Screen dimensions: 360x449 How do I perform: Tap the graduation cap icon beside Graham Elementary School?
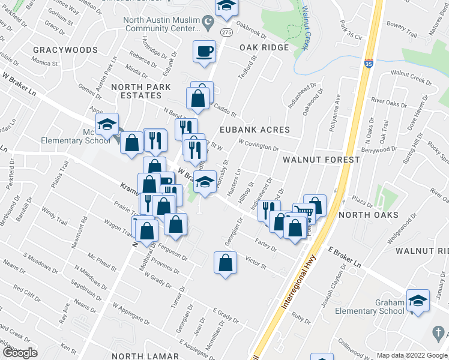418,301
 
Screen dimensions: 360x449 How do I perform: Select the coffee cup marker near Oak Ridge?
204,51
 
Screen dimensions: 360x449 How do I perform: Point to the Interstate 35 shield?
369,62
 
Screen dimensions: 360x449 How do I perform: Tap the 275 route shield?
225,32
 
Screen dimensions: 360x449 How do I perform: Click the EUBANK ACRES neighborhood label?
255,130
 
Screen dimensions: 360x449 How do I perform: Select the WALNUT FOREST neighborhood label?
321,160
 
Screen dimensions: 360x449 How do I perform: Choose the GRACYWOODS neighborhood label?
65,49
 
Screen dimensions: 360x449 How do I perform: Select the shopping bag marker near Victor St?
224,263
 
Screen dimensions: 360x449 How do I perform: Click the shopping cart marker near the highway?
304,212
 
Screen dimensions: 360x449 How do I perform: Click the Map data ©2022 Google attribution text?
411,355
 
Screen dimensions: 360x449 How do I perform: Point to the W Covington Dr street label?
258,145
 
